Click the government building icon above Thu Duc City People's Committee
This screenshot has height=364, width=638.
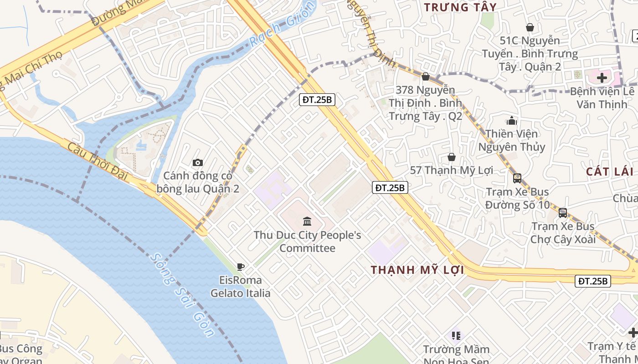(307, 222)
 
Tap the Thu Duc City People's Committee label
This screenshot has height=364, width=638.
(307, 242)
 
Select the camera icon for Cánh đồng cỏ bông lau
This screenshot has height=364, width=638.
(198, 162)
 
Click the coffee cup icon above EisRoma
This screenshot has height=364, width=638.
(241, 267)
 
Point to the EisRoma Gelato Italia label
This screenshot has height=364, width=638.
(241, 287)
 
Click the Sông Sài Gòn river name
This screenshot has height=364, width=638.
(182, 295)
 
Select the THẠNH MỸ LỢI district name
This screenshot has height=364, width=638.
(417, 270)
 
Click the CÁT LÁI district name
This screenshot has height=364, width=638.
(610, 172)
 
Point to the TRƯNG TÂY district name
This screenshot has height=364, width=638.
(460, 7)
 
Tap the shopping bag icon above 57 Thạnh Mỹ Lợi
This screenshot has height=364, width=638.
(451, 157)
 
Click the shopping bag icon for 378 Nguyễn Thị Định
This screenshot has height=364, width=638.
(426, 76)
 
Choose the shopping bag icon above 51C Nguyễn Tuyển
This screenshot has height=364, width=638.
(530, 27)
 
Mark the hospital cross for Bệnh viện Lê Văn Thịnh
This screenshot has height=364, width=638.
(602, 78)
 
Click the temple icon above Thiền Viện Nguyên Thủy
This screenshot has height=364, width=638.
(512, 121)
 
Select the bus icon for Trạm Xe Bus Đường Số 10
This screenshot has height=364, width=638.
(517, 178)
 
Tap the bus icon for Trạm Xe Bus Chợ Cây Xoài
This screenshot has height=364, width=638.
(563, 212)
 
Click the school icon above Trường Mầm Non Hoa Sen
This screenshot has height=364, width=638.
(456, 336)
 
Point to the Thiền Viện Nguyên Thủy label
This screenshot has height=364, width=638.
(511, 140)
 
